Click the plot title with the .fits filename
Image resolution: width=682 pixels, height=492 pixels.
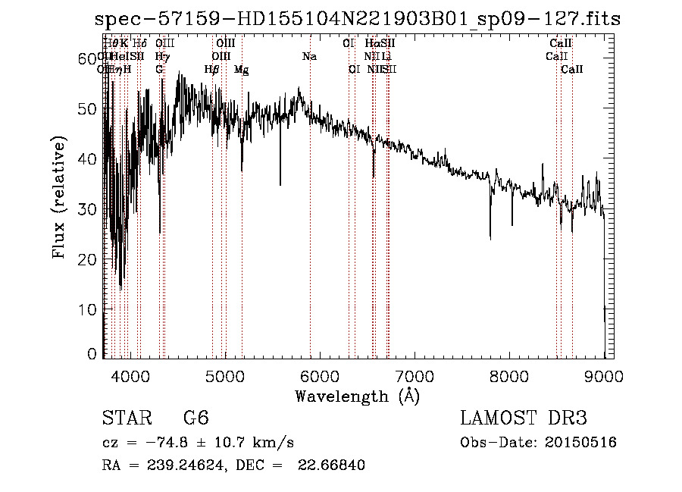[x=358, y=19]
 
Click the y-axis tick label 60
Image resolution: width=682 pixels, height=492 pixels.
[x=88, y=58]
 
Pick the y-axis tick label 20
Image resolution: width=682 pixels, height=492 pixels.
[x=88, y=259]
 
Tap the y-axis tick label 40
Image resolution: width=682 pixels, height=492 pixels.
[x=88, y=159]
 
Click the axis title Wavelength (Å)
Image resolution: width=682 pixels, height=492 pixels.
[x=357, y=396]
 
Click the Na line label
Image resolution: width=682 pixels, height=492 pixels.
[x=309, y=57]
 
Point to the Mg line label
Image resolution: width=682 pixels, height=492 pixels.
[x=241, y=70]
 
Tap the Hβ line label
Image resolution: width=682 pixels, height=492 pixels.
[x=212, y=70]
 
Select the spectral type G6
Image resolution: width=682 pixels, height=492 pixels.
[x=196, y=418]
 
